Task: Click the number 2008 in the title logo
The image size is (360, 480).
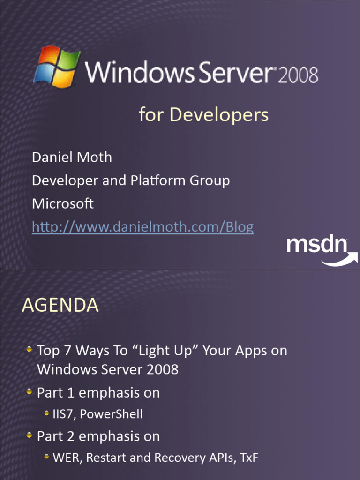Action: pyautogui.click(x=299, y=75)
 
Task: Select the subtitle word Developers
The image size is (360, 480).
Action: pyautogui.click(x=219, y=115)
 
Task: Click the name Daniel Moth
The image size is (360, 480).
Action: pyautogui.click(x=72, y=157)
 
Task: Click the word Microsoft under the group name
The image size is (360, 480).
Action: pyautogui.click(x=63, y=204)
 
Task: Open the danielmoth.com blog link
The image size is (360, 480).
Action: pyautogui.click(x=142, y=227)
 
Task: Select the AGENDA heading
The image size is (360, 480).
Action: pyautogui.click(x=60, y=306)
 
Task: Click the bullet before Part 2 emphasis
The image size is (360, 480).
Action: pyautogui.click(x=30, y=435)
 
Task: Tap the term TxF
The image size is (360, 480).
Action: pyautogui.click(x=249, y=458)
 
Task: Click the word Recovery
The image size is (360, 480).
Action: pyautogui.click(x=175, y=458)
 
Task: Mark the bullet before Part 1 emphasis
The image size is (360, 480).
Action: pyautogui.click(x=30, y=391)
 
